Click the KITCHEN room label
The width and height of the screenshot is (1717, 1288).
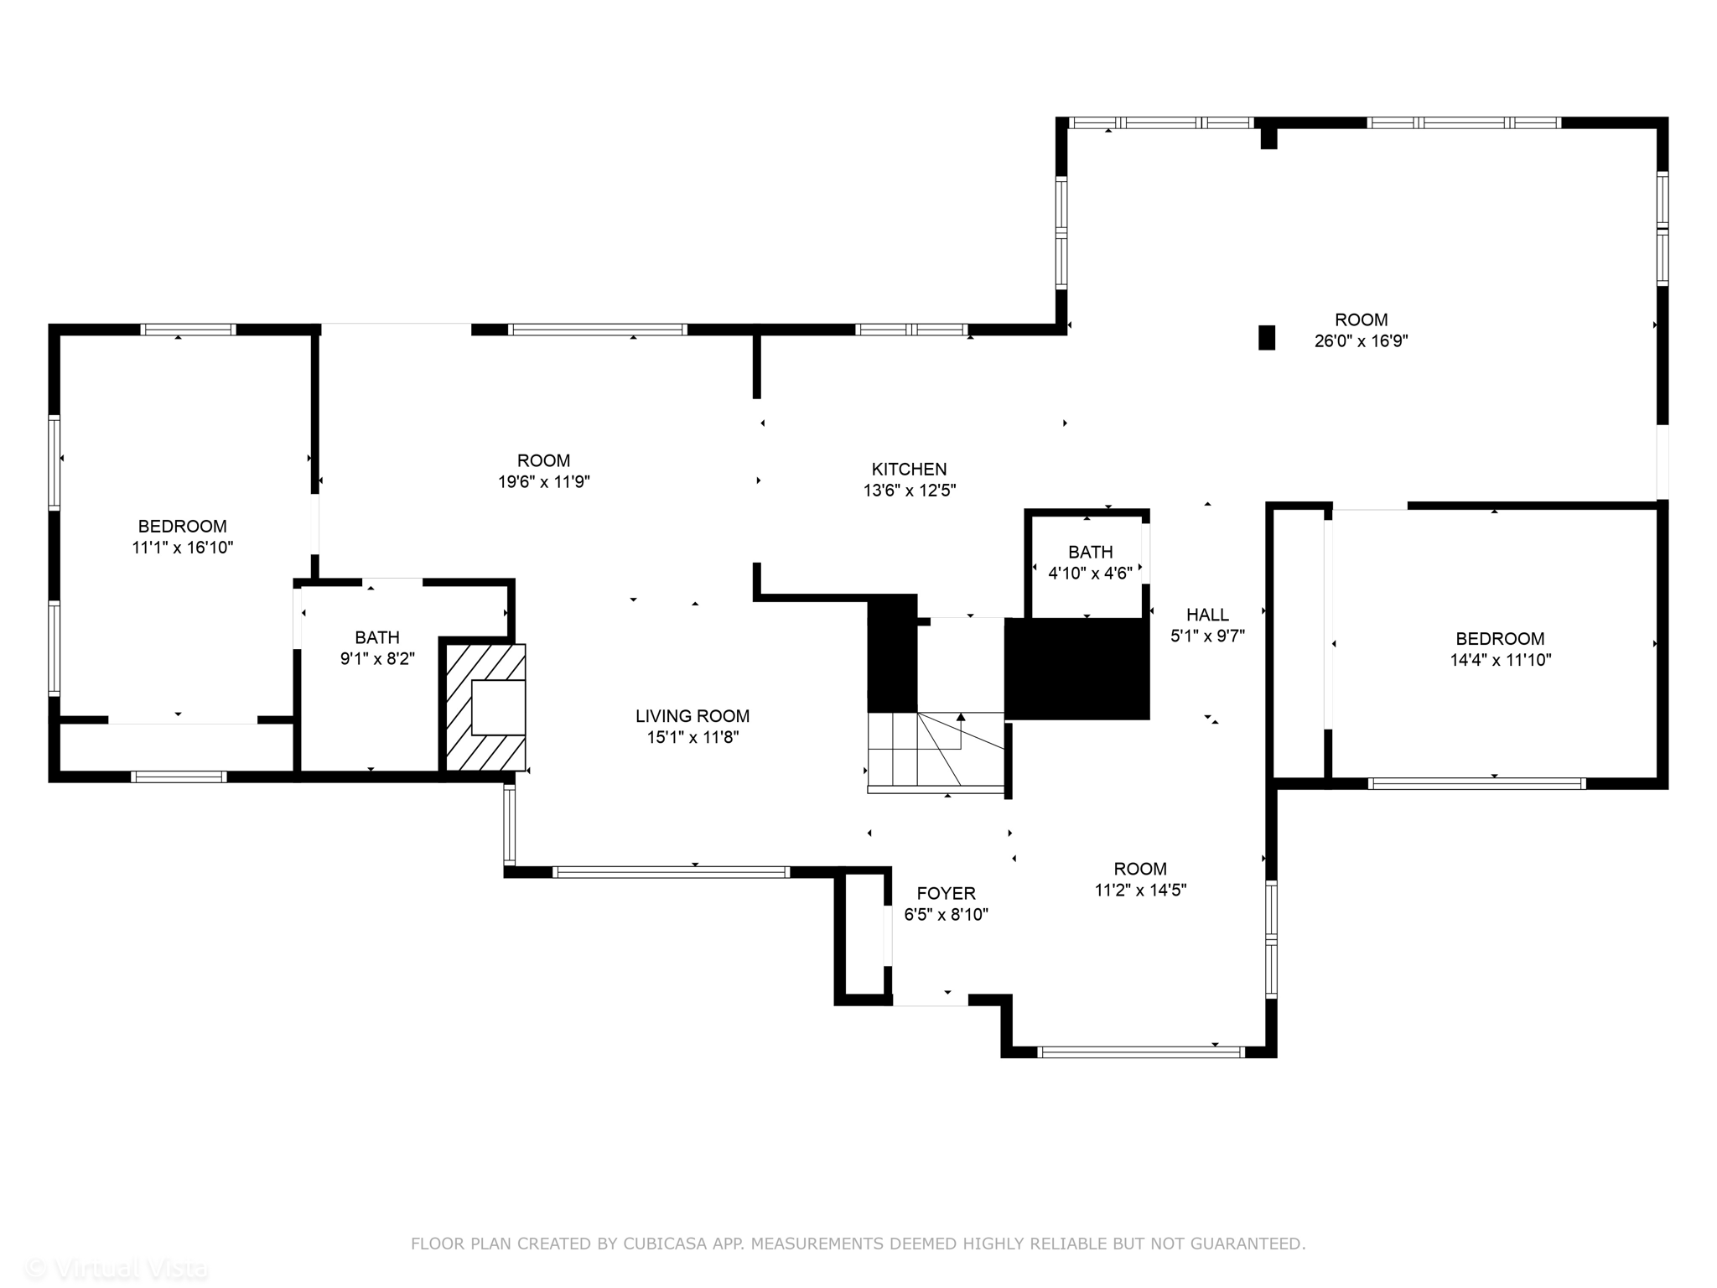click(909, 470)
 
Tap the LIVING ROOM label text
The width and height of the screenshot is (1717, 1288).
click(692, 716)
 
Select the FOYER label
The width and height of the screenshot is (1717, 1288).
click(946, 894)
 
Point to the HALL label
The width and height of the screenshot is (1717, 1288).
click(1207, 615)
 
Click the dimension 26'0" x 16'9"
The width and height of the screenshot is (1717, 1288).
click(1361, 341)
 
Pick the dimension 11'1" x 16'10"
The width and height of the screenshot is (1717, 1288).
click(182, 548)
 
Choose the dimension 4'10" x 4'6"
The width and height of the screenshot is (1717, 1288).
click(1090, 574)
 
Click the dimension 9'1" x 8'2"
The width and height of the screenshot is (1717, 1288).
click(377, 659)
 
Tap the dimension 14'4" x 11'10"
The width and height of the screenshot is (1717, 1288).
click(1500, 660)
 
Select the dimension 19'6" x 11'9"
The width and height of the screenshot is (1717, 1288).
click(543, 482)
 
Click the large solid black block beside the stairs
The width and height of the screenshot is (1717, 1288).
click(1076, 668)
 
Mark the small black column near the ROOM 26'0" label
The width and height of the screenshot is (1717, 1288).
click(1267, 337)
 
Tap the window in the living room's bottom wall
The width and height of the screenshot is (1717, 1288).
click(671, 872)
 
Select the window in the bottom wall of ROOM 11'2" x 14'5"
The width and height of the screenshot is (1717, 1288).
click(1140, 1052)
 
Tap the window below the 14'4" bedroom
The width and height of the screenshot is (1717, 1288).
click(1476, 784)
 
